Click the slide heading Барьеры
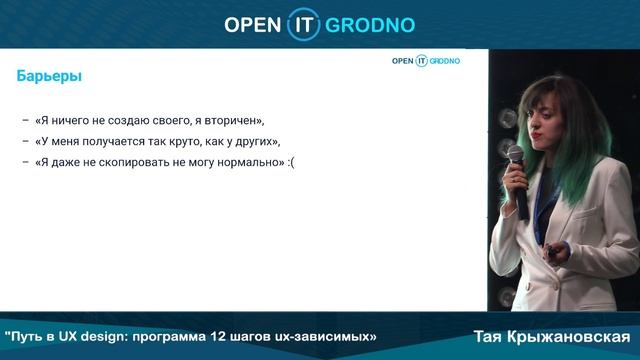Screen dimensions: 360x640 [50, 76]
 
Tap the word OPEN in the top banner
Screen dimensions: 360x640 [258, 23]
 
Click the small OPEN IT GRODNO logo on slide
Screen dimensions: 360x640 [425, 61]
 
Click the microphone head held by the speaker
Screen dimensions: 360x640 [515, 156]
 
